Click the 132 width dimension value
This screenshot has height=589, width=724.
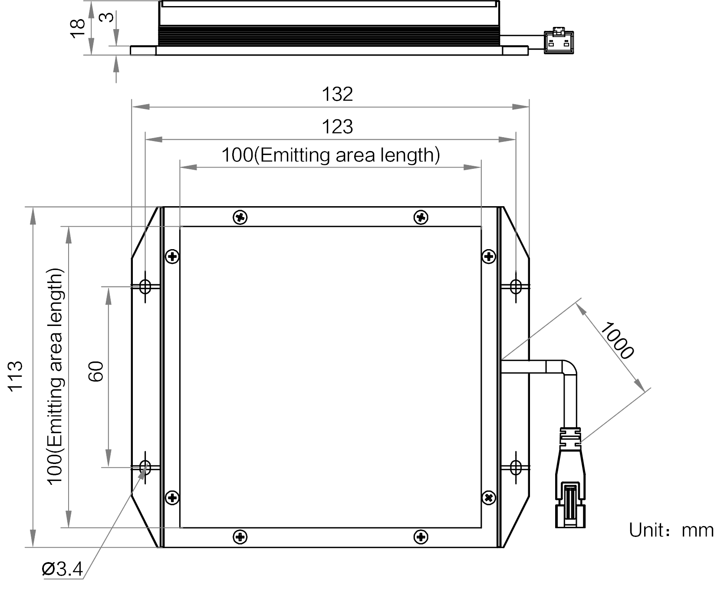click(x=337, y=94)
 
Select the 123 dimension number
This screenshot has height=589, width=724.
click(x=337, y=127)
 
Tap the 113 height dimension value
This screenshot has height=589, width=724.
click(x=15, y=376)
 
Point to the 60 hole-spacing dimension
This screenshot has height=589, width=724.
click(x=96, y=371)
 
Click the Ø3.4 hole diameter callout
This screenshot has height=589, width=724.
click(x=62, y=569)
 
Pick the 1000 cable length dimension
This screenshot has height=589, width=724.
click(x=617, y=340)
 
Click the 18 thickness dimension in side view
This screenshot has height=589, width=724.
click(x=79, y=28)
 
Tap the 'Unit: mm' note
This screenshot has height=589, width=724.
click(x=671, y=530)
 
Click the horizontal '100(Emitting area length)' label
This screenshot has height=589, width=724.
click(x=331, y=155)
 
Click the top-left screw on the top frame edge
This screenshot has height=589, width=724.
click(x=240, y=217)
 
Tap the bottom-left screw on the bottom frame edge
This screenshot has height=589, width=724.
click(x=240, y=537)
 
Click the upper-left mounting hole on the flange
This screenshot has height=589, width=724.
click(x=145, y=286)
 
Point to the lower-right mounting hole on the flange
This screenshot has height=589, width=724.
click(x=516, y=467)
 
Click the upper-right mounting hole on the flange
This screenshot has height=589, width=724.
click(x=516, y=286)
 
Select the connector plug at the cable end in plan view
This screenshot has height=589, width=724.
click(x=571, y=477)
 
